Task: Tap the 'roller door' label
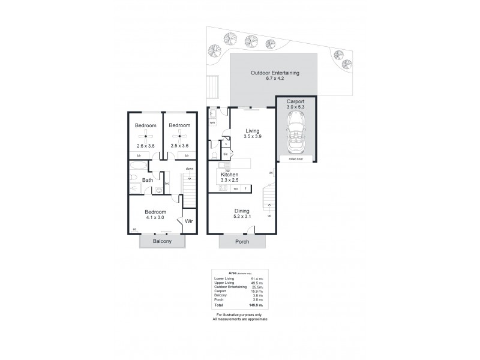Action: tap(295, 160)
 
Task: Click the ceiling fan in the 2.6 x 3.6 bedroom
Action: tap(145, 135)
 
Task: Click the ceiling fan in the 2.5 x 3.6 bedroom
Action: tap(179, 135)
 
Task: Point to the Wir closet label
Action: tap(188, 221)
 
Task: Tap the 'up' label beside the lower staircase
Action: tap(269, 215)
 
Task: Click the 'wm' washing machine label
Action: tap(212, 122)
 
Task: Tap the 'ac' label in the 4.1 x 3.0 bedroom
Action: tap(134, 229)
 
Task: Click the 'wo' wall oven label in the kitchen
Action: tap(235, 187)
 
